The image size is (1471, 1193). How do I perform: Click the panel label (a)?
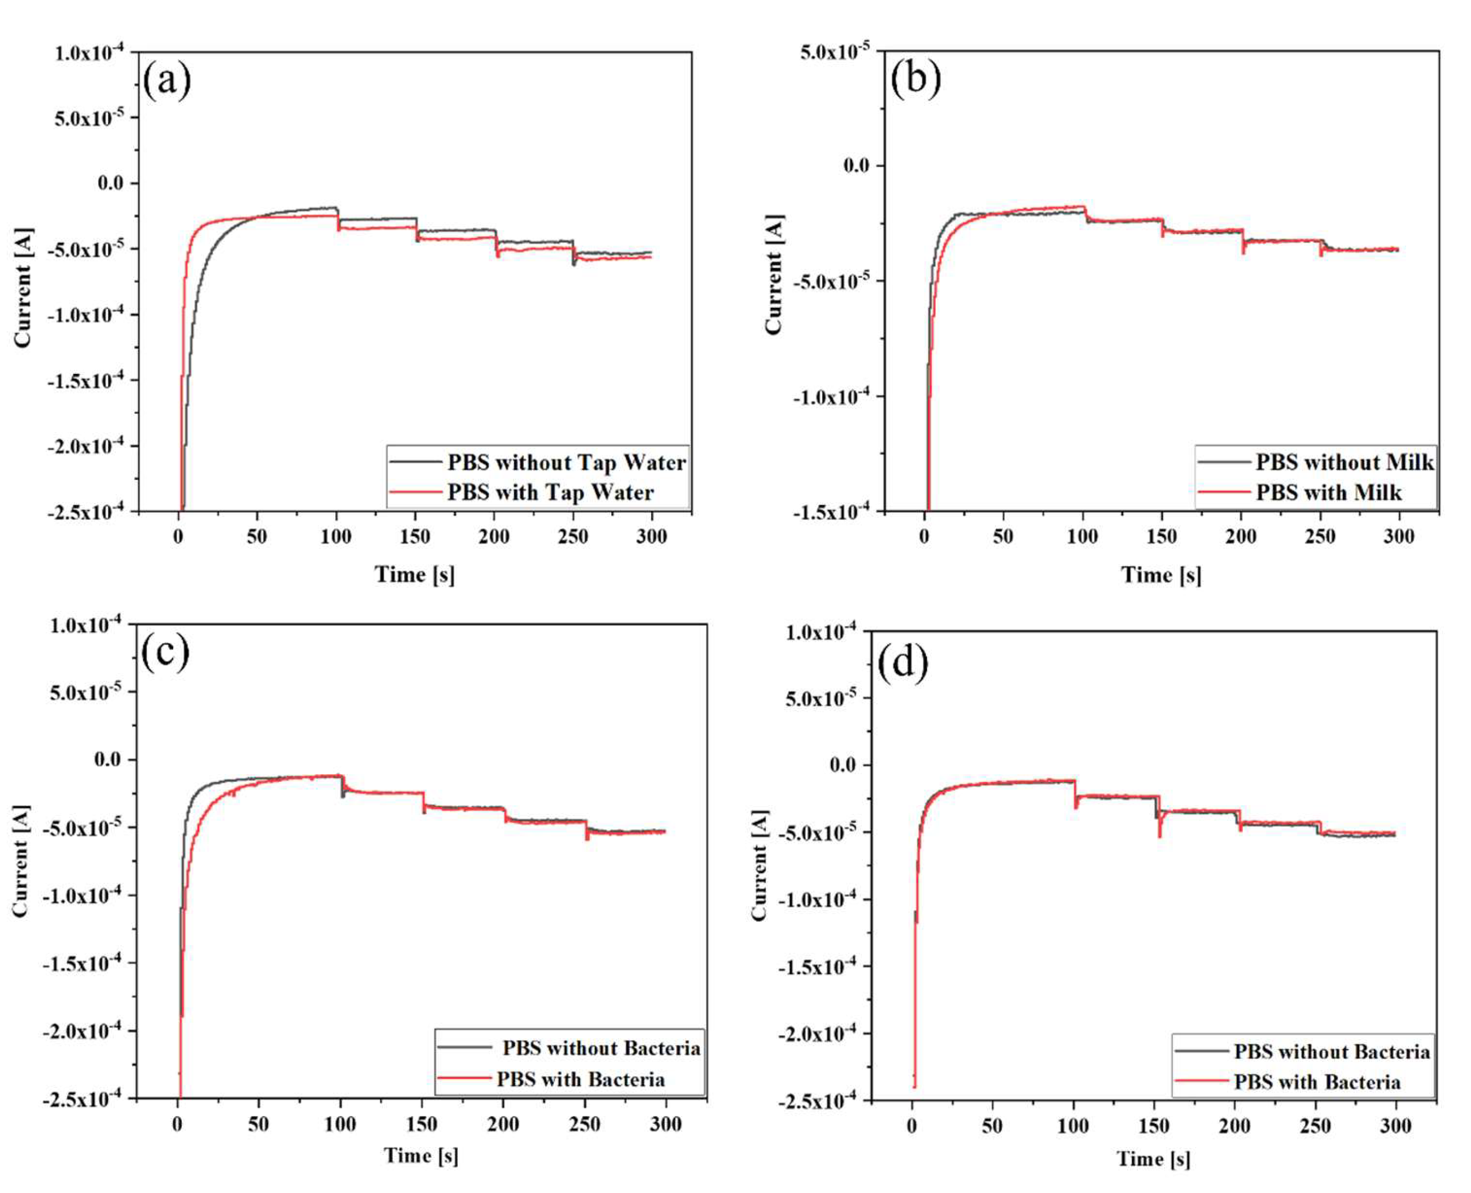tap(166, 81)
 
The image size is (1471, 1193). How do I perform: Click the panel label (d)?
tap(903, 664)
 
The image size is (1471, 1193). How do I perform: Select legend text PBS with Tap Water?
tap(550, 493)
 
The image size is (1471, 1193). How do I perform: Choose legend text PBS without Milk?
tap(1344, 463)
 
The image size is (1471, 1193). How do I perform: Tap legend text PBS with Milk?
tap(1328, 493)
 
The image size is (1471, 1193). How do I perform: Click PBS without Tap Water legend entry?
tap(566, 463)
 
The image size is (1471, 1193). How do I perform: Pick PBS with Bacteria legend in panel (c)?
tap(580, 1079)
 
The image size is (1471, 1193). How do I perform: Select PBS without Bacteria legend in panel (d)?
tap(1331, 1051)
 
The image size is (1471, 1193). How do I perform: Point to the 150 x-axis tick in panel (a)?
tap(414, 537)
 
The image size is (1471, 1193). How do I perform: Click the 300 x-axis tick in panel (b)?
tap(1398, 537)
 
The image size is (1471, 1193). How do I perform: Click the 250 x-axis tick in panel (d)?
tap(1314, 1126)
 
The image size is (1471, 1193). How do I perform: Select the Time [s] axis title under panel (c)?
tap(421, 1155)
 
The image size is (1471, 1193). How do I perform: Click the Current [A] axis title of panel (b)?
tap(773, 275)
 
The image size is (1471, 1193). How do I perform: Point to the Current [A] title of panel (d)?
tap(758, 865)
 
